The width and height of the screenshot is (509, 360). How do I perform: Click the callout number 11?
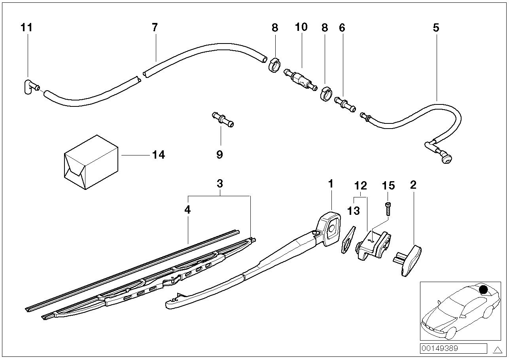point(26,28)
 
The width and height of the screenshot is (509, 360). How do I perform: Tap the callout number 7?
point(155,28)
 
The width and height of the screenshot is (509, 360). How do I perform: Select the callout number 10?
point(301,27)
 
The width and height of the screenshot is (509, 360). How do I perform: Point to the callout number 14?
point(158,155)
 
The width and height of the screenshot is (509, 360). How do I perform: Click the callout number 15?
point(388,185)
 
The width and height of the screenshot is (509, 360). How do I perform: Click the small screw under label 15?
point(388,208)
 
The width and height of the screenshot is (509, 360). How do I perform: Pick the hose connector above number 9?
point(221,119)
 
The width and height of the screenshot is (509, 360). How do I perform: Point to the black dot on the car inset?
point(483,290)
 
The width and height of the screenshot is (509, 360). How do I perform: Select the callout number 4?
point(187,210)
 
